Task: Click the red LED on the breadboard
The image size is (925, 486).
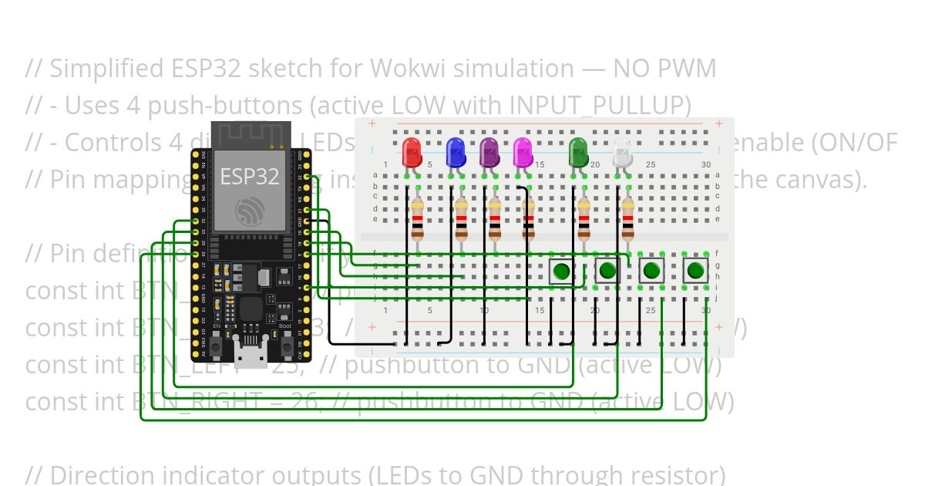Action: [x=412, y=152]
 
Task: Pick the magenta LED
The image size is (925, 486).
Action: [x=523, y=152]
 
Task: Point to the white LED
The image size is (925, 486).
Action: [x=622, y=154]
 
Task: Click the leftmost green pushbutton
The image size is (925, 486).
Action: [x=562, y=271]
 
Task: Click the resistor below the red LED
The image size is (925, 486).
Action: [x=417, y=220]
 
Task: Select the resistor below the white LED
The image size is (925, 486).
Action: [x=628, y=220]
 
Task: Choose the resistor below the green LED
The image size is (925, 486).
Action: [x=584, y=220]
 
